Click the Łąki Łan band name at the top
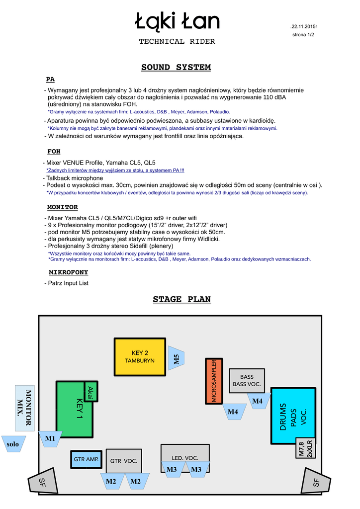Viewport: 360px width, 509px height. tap(177, 21)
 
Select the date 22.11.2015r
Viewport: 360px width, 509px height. tap(304, 26)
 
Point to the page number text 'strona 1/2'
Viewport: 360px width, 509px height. tap(303, 35)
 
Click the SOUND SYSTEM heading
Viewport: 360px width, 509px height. tap(176, 67)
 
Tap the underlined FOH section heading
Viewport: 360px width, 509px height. tap(54, 151)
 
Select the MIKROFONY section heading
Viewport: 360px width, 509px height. tap(69, 272)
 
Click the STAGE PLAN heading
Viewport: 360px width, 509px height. tap(181, 299)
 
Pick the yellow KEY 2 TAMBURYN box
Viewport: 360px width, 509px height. tap(140, 357)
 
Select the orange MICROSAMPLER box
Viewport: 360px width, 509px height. tap(213, 381)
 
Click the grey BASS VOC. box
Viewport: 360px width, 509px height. tap(247, 380)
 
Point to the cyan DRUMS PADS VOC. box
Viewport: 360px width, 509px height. tap(293, 415)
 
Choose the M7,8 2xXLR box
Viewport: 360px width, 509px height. tap(305, 448)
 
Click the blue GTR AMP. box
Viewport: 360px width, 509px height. tap(86, 459)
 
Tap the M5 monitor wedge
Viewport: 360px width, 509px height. tap(177, 359)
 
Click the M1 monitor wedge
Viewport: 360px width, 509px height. tap(50, 439)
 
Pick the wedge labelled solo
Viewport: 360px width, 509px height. tap(13, 444)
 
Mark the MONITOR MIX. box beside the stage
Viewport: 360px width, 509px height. tap(25, 408)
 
